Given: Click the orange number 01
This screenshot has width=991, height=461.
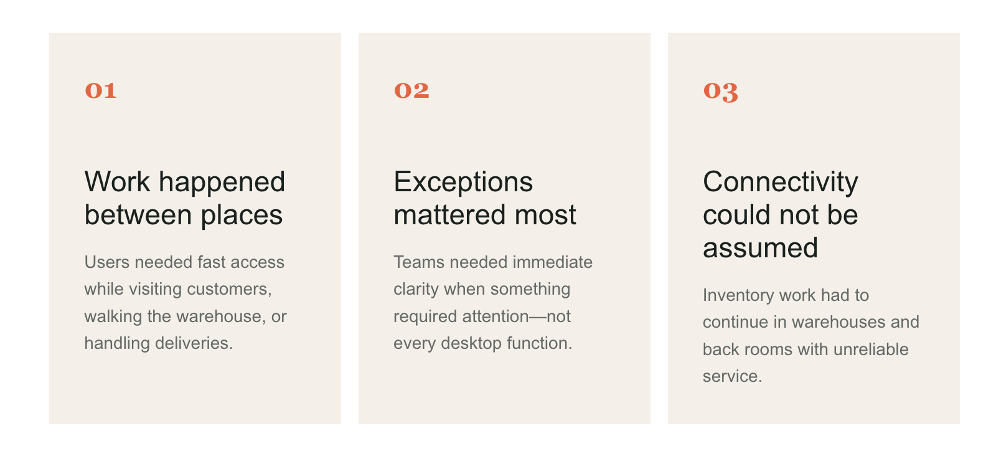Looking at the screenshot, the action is pyautogui.click(x=101, y=90).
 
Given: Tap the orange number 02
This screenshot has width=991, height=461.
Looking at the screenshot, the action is pyautogui.click(x=411, y=90).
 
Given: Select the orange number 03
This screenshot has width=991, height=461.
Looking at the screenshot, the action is pyautogui.click(x=721, y=92).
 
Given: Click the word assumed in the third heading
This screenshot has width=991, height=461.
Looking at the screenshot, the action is pyautogui.click(x=760, y=248).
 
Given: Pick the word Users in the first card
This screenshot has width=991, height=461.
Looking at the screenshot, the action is pyautogui.click(x=106, y=262).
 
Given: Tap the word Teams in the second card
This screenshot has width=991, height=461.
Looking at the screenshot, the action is pyautogui.click(x=419, y=262).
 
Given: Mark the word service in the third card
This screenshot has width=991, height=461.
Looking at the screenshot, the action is pyautogui.click(x=732, y=377).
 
